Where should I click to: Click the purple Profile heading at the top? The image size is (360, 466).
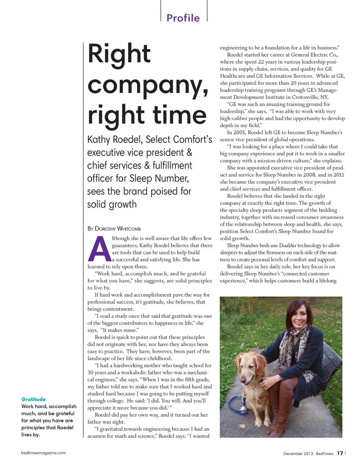pos(183,18)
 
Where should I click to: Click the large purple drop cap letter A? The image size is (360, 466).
pos(99,249)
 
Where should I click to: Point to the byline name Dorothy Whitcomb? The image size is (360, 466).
pos(118,228)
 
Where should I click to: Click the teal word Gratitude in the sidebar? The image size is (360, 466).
pos(33,399)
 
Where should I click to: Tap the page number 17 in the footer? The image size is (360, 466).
pos(340,453)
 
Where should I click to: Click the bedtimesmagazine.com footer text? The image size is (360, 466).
pos(43,453)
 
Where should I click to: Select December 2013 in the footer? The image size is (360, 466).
pos(298,454)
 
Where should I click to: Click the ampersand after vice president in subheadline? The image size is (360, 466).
pos(189,153)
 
